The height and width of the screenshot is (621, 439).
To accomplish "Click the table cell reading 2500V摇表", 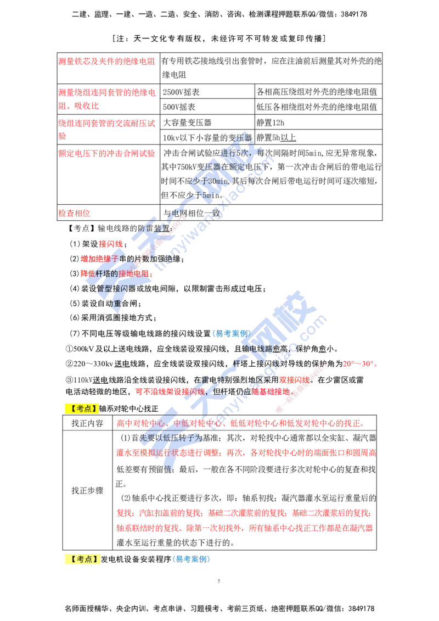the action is point(181,92).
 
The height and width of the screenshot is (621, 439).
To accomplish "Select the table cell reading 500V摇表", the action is point(179,107).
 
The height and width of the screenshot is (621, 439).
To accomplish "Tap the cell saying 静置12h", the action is point(271,123).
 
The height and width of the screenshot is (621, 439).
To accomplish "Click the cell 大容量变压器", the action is point(187,123).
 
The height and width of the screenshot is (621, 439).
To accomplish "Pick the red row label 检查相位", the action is point(75,213).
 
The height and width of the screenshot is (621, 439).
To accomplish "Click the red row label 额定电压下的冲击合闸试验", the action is point(106,154).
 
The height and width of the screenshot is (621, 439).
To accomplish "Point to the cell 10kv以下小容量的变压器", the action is point(207,138).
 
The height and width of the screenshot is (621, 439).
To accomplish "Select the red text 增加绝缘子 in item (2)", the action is point(99,259).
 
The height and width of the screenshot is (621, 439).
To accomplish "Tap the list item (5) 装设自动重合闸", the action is point(106,304).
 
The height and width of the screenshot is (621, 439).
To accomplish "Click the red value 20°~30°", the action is point(360,363).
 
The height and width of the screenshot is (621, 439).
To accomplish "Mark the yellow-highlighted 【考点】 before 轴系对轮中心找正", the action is point(82,409).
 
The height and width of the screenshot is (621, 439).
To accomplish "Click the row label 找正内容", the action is point(87,423).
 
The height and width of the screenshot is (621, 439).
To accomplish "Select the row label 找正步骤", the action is point(87,491).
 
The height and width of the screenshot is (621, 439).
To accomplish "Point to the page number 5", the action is point(219,581).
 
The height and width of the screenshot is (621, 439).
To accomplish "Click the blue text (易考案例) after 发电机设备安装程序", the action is point(191,559).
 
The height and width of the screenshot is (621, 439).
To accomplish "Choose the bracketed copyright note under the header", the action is point(219,38).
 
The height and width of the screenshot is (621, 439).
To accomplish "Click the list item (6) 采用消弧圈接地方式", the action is point(113,318).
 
